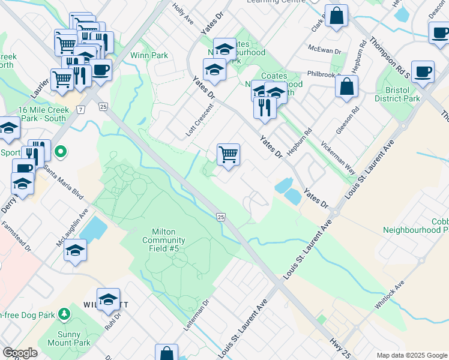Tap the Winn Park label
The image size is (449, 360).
point(154,55)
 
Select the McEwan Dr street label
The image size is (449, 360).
point(324,52)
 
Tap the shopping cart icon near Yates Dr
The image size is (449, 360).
point(228,154)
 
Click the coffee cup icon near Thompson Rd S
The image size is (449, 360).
point(423,71)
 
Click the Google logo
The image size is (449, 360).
point(20,353)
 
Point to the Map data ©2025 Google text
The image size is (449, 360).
point(412,355)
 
